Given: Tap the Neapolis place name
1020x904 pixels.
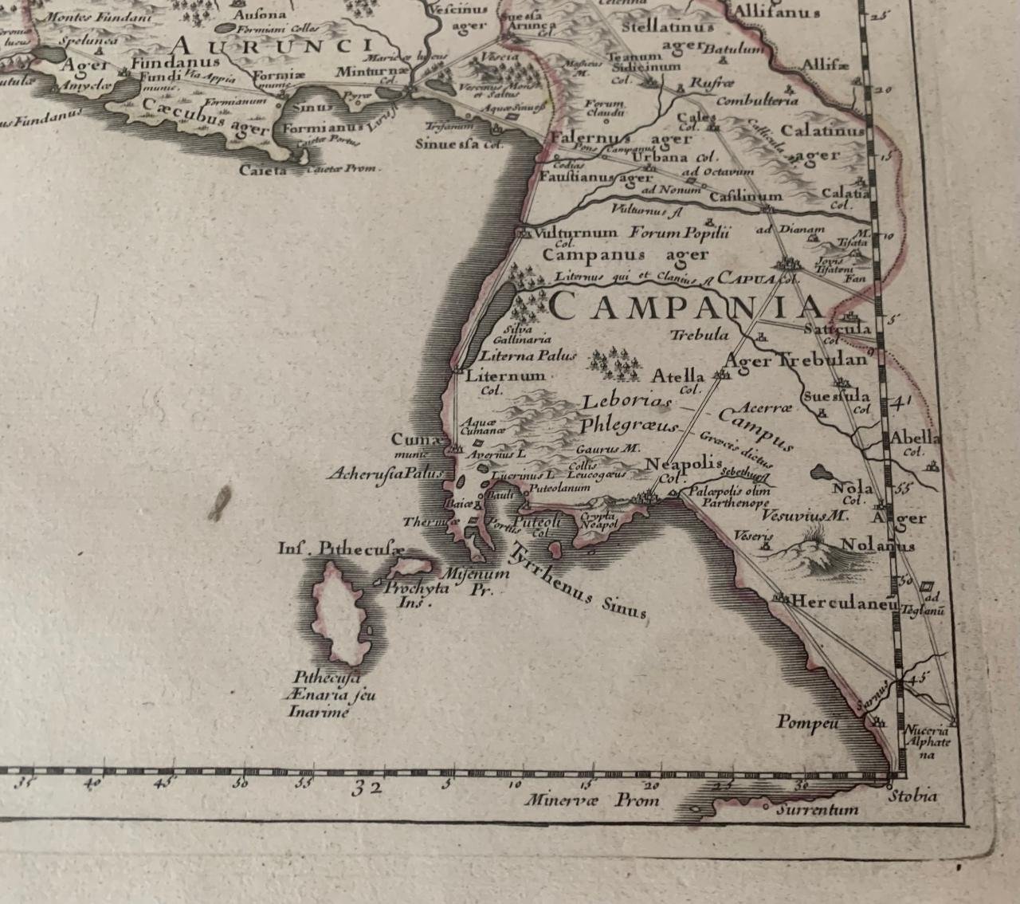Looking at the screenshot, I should coord(682,464).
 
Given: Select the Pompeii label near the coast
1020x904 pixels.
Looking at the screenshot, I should coord(808,723).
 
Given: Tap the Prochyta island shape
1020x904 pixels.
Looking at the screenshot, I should coord(413,568).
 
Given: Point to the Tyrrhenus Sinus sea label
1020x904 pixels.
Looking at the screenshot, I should coord(577,583).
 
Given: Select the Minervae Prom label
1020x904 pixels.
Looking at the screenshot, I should coord(590,799).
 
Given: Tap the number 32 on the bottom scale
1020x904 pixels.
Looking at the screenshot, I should coord(367,789).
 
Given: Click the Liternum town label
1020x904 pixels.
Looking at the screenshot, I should coord(505,375).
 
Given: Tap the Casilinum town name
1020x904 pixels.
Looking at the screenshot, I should coord(745,196).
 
